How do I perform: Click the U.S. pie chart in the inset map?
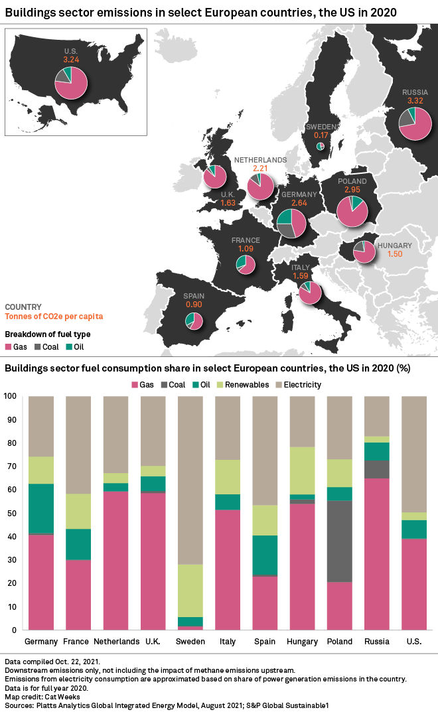(x=71, y=83)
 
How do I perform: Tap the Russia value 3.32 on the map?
(x=415, y=101)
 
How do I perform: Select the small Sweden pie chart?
(x=321, y=146)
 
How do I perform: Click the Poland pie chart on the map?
(x=352, y=211)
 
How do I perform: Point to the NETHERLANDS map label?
(x=259, y=161)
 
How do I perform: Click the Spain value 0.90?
(x=194, y=304)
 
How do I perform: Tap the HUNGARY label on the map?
(x=394, y=246)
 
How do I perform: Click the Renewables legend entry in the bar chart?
(x=244, y=384)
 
